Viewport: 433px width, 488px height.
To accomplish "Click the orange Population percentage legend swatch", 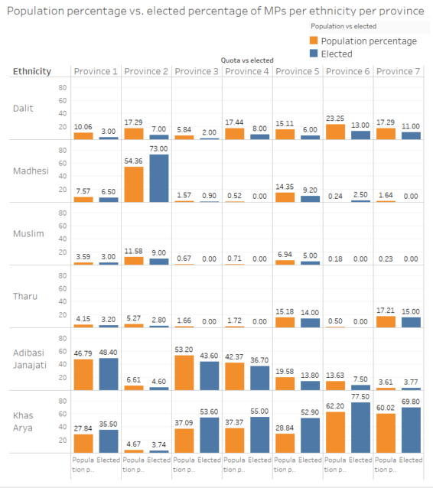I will (x=313, y=41).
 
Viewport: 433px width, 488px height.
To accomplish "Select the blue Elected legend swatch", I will (x=313, y=54).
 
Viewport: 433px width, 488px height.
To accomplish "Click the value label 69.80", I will (x=411, y=400).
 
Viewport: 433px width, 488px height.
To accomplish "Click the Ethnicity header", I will (x=31, y=72).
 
